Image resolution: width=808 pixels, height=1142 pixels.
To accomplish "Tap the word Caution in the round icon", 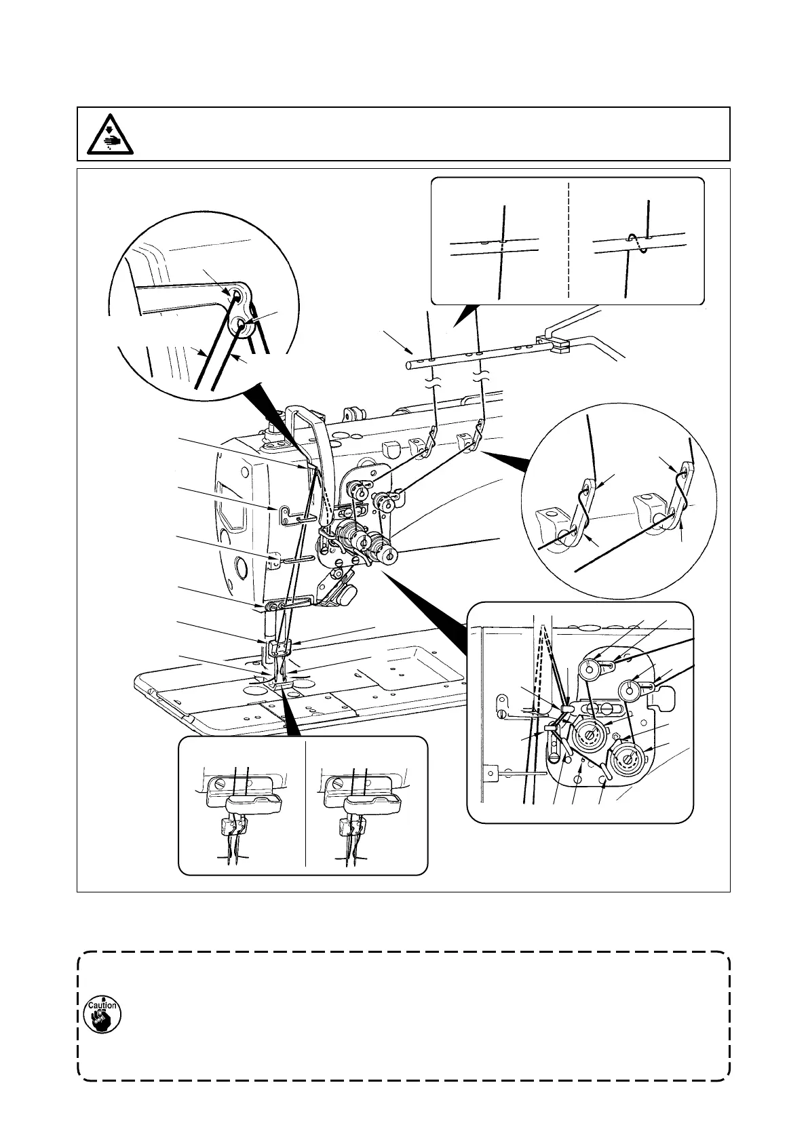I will click(x=102, y=1005).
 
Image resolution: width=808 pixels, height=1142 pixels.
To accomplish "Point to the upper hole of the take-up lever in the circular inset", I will click(x=235, y=295).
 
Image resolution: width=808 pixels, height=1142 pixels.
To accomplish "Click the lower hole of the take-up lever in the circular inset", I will click(x=242, y=326).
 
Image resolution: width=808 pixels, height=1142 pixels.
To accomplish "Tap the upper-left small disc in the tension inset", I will click(x=588, y=670).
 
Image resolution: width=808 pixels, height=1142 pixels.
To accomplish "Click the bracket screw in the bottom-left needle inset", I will click(x=218, y=784).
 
